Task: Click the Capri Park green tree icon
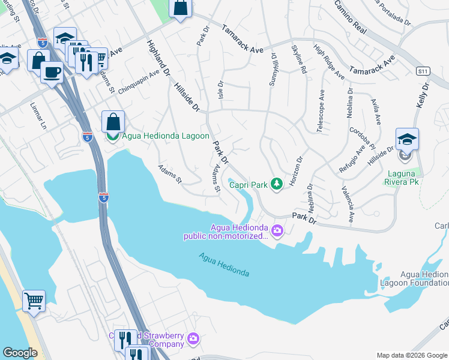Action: (276, 184)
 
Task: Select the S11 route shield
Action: (423, 71)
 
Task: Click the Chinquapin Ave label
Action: (139, 82)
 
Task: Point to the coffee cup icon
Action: (52, 73)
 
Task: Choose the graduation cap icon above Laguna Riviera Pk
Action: (407, 139)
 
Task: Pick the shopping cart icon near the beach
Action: (34, 300)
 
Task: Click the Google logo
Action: (20, 353)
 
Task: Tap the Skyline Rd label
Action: (298, 59)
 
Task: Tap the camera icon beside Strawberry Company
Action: (193, 339)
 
